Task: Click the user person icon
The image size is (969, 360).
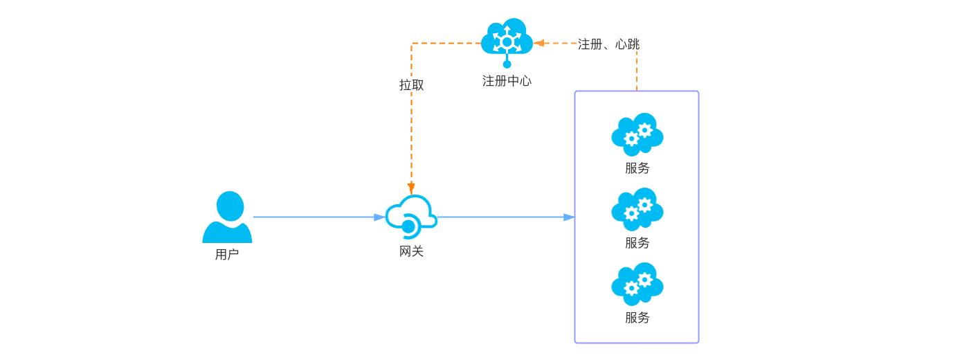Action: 227,217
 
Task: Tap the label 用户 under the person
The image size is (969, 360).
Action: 227,255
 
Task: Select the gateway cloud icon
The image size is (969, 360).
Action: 411,216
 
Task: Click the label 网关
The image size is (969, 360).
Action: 411,251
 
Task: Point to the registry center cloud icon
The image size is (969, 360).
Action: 507,38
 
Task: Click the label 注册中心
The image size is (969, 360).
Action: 507,81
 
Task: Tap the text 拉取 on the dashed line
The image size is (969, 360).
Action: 411,85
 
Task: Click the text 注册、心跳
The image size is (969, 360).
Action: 608,44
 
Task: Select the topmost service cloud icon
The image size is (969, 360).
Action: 637,134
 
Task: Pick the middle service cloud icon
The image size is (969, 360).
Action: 637,208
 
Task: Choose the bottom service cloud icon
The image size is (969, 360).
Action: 637,283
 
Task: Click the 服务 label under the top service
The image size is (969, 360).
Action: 637,168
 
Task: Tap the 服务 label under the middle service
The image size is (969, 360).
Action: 637,243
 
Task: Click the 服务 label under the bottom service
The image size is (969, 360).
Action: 637,318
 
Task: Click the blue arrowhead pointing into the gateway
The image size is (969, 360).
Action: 379,217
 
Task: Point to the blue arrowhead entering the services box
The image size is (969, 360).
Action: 569,217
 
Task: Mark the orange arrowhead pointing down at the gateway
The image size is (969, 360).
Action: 411,188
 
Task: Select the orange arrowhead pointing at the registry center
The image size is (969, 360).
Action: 539,43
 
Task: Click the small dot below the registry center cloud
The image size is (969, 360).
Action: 507,64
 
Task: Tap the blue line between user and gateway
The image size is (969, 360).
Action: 311,217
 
